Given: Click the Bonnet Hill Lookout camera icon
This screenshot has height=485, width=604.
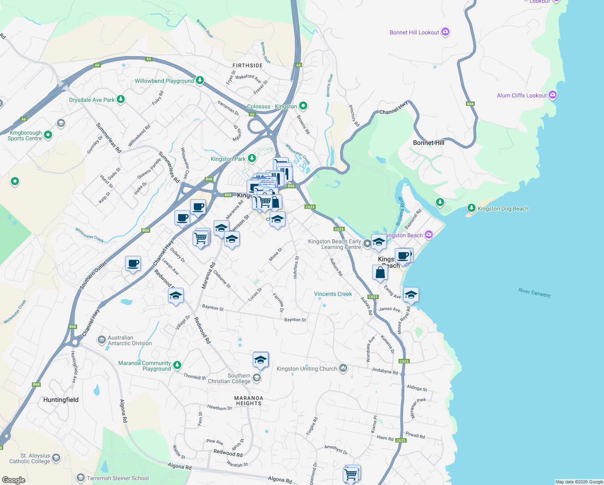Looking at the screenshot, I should coord(445,32).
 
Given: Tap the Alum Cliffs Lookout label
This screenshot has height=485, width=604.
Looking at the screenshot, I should coord(522,95).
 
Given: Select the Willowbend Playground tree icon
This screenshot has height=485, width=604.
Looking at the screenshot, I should coord(199,80).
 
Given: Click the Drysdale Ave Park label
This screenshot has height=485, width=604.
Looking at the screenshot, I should coord(92,100).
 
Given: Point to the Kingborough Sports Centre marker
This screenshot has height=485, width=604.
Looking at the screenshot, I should coord(48,135).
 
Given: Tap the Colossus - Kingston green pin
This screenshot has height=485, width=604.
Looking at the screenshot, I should coord(303,106).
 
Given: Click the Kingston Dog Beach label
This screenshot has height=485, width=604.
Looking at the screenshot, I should coord(503,209).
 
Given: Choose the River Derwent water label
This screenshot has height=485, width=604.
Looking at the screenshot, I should coord(535,293).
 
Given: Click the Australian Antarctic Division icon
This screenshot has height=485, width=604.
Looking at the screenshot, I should coord(102,340).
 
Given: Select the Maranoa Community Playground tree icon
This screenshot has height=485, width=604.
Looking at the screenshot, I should coord(177,366).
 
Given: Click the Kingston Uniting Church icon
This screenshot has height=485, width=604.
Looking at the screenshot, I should coord(343,368).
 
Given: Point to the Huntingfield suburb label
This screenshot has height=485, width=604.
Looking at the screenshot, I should coord(61,400).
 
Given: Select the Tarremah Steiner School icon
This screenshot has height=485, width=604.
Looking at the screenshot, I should coord(81,478).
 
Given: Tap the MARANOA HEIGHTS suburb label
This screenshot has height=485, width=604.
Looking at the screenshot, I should coord(249,401).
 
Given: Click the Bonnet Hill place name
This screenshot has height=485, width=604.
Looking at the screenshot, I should coord(428,143).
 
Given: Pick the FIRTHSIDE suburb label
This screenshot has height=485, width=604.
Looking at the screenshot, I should coord(247,65).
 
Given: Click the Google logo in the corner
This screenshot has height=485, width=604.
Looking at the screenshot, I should coord(14,480).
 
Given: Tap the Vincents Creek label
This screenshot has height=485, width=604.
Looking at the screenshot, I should coord(333,294).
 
